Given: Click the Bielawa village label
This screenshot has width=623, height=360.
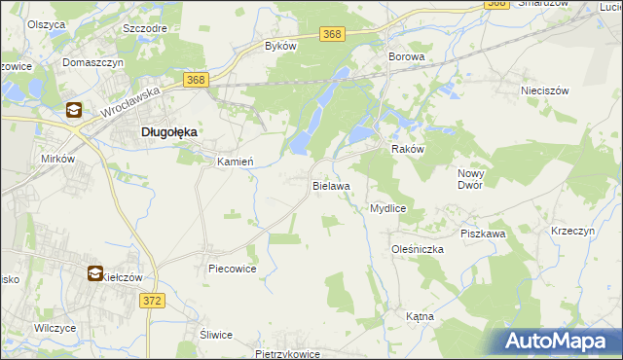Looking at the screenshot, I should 331,184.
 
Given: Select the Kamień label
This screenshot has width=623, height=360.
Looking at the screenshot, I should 235,162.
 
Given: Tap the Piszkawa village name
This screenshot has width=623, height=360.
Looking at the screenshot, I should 483,234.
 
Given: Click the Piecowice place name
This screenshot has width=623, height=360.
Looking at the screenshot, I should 232,269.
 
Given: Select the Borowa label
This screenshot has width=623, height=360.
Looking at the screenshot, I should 407,57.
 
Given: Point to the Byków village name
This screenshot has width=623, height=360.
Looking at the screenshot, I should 280,46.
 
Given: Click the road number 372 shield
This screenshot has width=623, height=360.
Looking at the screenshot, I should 153,302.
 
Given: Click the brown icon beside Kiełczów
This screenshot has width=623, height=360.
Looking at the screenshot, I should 96,275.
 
